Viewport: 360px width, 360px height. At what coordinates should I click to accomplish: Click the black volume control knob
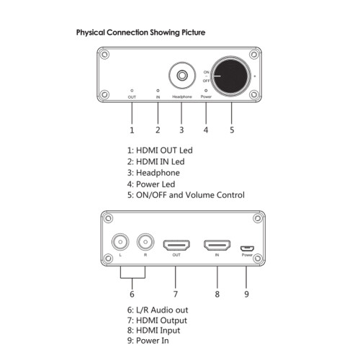(230, 76)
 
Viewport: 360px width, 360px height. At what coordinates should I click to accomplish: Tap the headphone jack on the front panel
(182, 76)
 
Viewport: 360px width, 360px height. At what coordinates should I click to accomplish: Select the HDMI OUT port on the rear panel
(176, 246)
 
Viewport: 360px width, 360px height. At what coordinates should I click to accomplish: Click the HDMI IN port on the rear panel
(217, 246)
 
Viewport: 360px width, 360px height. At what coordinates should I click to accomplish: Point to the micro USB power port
(247, 248)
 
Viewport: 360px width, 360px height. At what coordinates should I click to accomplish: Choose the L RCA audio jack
(120, 242)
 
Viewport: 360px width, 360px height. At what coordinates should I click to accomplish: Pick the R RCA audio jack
(145, 242)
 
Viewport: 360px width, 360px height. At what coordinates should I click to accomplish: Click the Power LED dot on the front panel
(206, 91)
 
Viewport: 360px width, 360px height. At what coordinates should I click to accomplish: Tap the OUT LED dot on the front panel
(132, 91)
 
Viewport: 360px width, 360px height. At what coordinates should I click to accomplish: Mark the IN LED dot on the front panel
(158, 91)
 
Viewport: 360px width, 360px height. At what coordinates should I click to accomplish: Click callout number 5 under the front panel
(232, 130)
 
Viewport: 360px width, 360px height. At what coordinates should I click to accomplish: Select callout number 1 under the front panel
(132, 130)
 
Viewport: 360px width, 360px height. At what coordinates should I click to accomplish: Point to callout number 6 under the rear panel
(132, 294)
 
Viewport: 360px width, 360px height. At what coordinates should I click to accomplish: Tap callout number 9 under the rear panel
(246, 294)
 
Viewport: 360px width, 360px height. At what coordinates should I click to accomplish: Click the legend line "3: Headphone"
(153, 173)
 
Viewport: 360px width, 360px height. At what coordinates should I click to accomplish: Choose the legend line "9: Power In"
(148, 341)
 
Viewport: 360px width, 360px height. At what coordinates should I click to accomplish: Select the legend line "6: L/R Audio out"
(158, 310)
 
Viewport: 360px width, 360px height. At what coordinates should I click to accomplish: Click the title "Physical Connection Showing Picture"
(140, 32)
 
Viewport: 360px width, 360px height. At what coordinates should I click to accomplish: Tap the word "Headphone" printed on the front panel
(182, 96)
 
